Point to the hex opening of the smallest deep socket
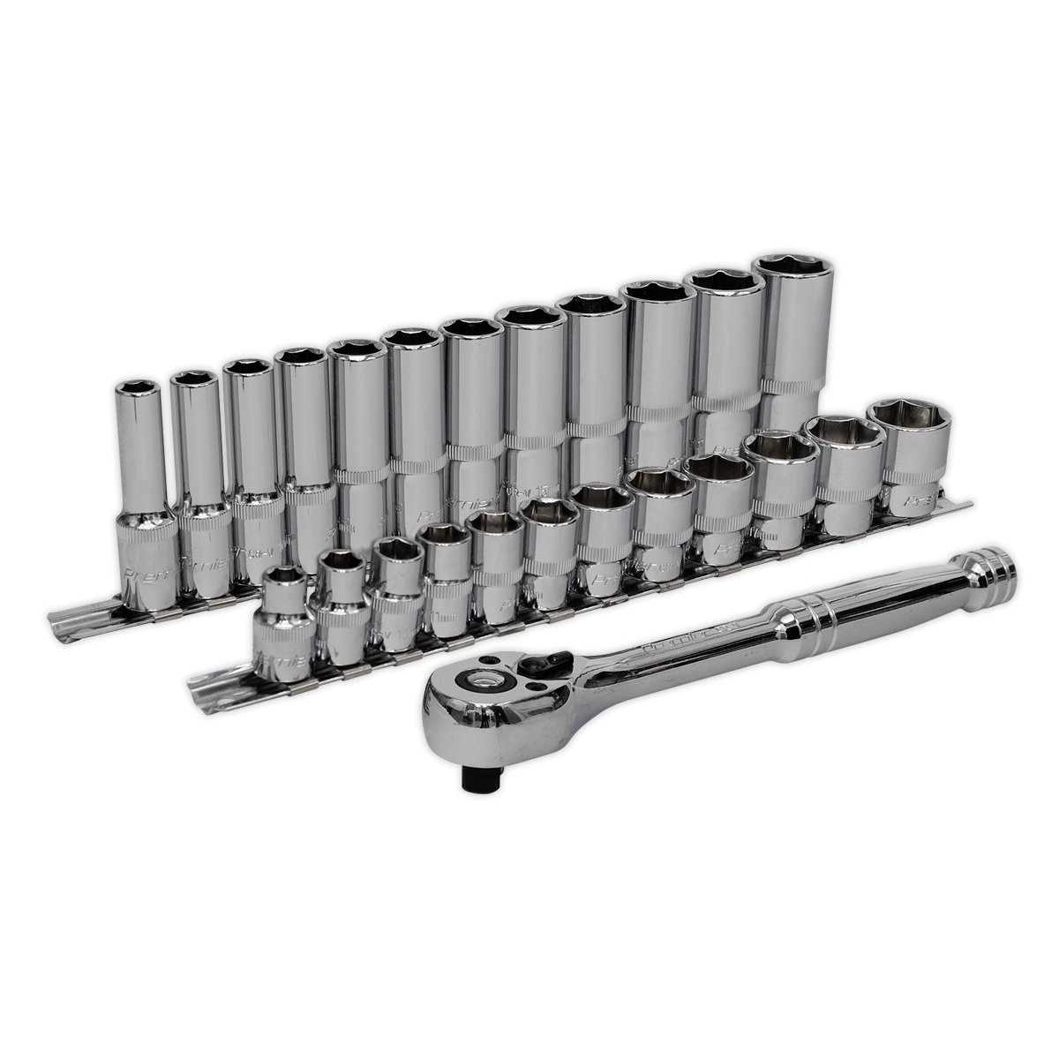[x=135, y=387]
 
